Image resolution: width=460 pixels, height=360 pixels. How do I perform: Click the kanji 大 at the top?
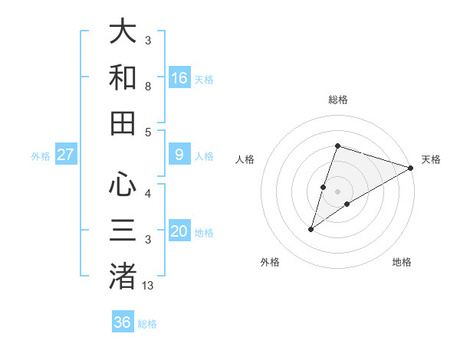[x=123, y=31]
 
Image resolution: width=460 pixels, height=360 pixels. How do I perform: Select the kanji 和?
[x=123, y=77]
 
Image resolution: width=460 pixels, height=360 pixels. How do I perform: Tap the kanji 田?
[x=123, y=123]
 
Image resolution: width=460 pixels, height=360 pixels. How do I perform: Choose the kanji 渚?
[x=123, y=276]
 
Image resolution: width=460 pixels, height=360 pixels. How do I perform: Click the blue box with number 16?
[x=179, y=77]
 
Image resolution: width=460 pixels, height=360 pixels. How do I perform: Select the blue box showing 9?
[x=179, y=155]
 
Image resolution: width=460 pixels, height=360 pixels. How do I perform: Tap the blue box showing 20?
[x=179, y=231]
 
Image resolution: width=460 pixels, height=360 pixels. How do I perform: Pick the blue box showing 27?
[x=66, y=155]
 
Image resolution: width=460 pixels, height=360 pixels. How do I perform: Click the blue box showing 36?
[x=123, y=322]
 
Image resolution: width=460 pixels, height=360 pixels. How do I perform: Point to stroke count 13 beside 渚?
[x=148, y=286]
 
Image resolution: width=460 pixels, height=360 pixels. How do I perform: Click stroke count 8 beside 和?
[x=148, y=87]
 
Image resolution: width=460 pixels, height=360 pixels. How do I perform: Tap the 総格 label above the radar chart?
[x=338, y=100]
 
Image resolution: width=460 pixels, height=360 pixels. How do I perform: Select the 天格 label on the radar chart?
[x=431, y=159]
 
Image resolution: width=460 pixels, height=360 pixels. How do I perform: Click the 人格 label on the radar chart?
[x=245, y=159]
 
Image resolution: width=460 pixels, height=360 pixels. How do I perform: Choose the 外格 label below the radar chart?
[x=270, y=263]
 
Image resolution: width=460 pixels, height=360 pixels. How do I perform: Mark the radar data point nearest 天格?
[x=411, y=168]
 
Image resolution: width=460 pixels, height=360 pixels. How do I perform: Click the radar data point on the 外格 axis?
[x=311, y=229]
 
